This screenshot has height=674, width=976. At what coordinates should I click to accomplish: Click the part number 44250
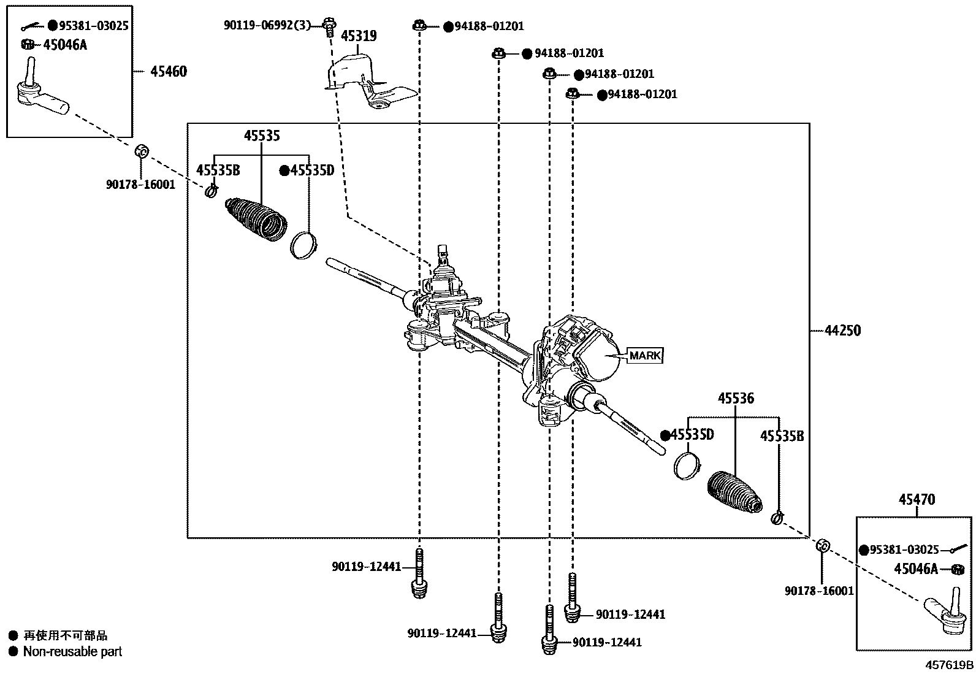coord(842,331)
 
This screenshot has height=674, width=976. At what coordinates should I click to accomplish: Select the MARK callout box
coord(645,355)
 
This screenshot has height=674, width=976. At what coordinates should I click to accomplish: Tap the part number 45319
coord(359,36)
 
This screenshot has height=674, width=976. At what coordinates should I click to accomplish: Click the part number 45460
coord(169,72)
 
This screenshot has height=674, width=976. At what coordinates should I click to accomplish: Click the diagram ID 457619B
coord(949,665)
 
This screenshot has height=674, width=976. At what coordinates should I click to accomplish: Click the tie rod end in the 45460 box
coord(40,95)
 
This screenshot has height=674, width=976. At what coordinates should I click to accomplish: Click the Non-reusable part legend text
coord(72,651)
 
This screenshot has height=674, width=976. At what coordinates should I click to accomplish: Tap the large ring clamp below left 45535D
coord(302,245)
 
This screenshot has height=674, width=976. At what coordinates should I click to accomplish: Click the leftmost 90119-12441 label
coord(366,567)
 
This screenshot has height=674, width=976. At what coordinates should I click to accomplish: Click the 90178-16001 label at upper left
coord(141,184)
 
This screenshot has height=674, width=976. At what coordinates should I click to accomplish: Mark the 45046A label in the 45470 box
coord(915,569)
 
